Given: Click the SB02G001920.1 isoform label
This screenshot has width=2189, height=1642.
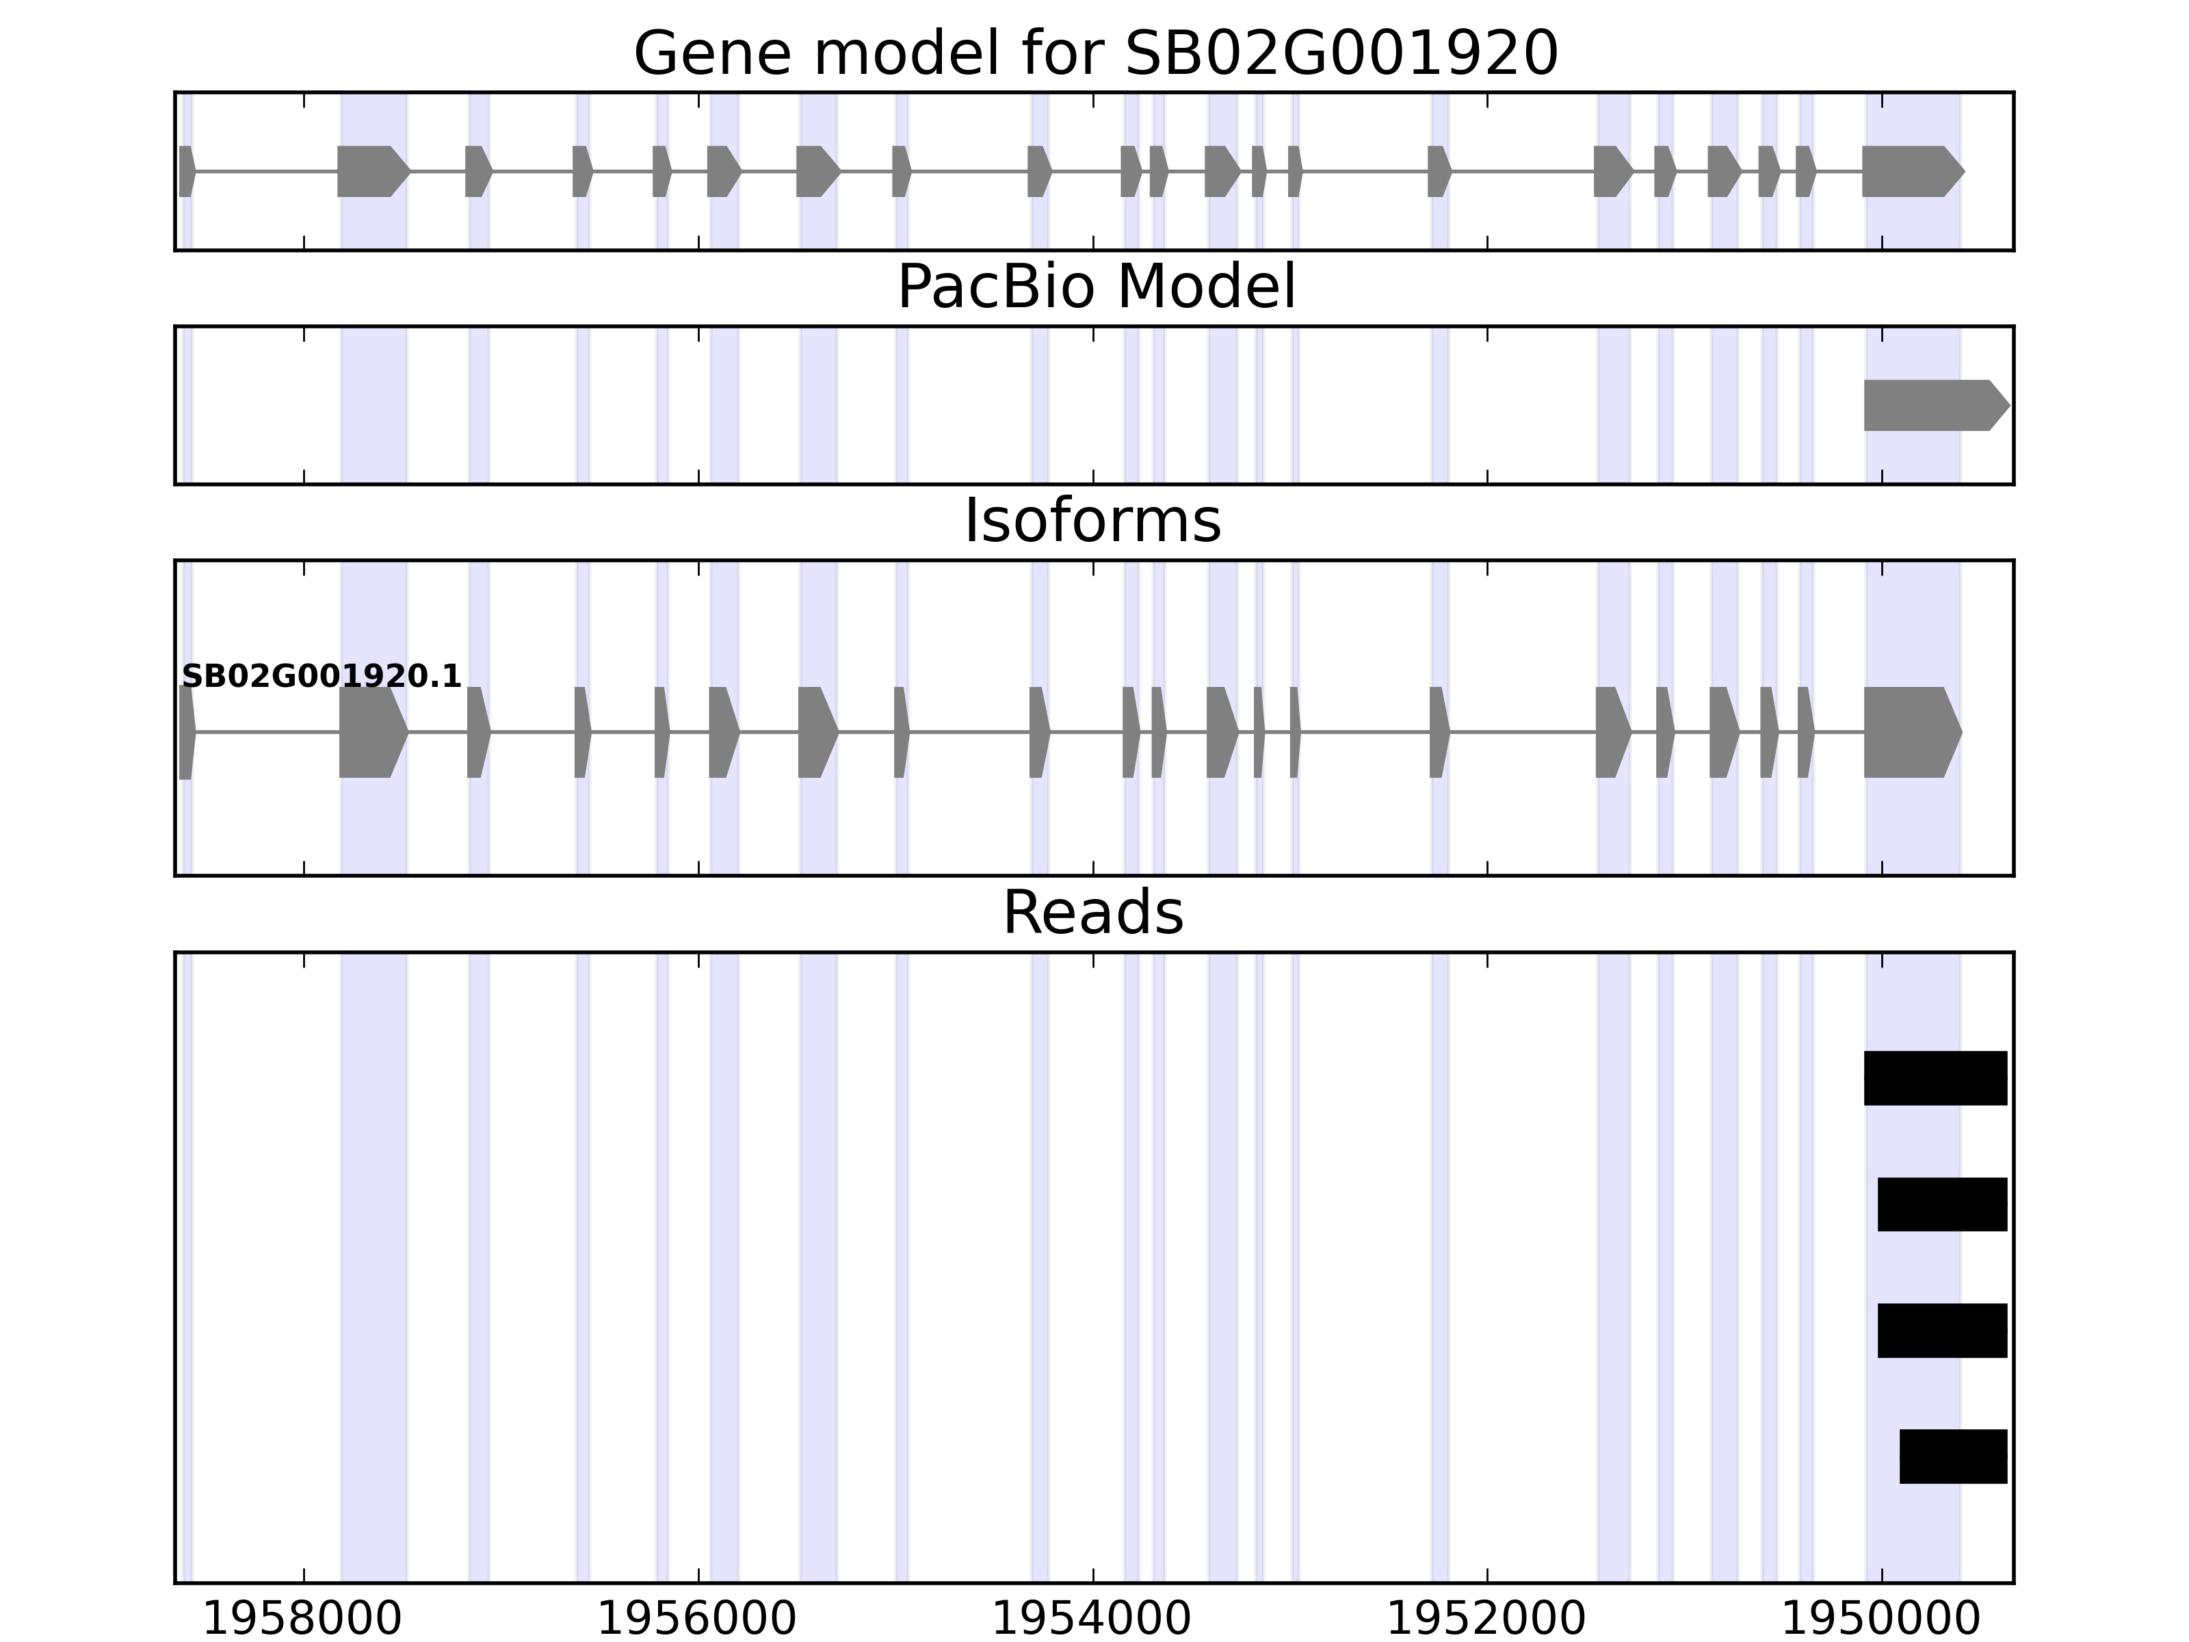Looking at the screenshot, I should click(x=322, y=677).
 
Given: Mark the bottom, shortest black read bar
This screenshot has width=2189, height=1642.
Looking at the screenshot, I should click(x=1952, y=1456).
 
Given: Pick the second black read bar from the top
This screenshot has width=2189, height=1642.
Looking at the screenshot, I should click(x=1941, y=1205).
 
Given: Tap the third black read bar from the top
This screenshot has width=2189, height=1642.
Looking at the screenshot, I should click(x=1941, y=1330).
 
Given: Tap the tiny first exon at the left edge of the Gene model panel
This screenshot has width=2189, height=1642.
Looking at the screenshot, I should click(x=186, y=171).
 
